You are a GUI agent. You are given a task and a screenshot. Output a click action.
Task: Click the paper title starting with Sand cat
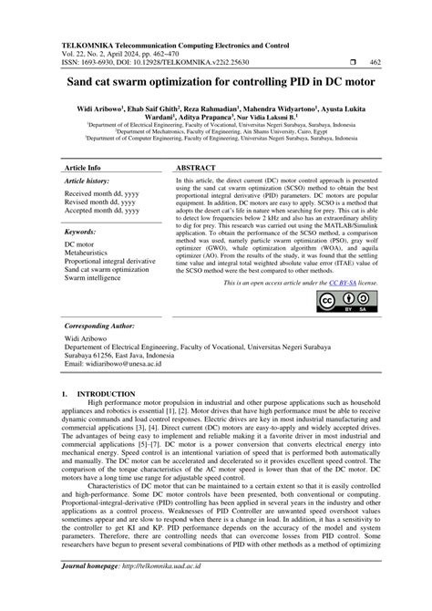(216, 81)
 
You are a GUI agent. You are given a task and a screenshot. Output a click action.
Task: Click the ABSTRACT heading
(197, 170)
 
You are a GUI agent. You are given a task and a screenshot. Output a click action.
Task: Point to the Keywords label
(86, 233)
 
